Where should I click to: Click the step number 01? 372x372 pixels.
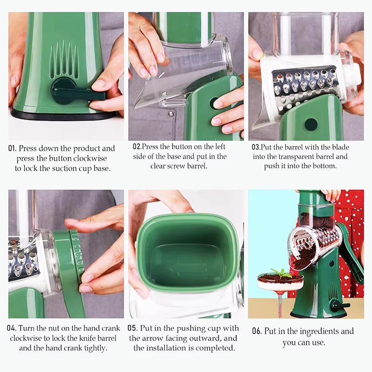pyautogui.click(x=13, y=149)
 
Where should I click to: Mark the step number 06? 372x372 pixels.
pyautogui.click(x=257, y=332)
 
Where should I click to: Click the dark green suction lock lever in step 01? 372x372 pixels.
pyautogui.click(x=74, y=91)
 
